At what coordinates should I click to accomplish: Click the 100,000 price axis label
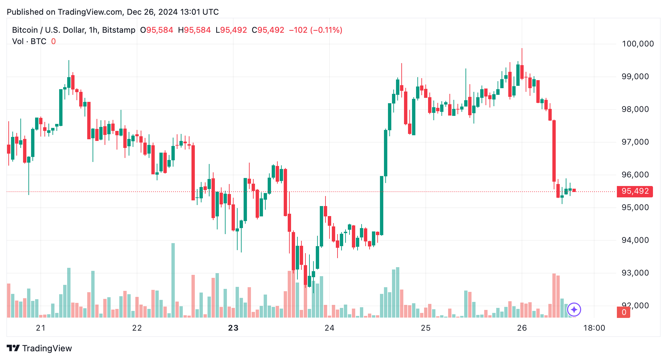tap(638, 44)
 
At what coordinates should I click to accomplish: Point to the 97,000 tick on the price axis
tap(635, 142)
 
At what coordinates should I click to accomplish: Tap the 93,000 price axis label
tap(635, 273)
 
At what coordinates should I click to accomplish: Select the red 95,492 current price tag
tap(635, 191)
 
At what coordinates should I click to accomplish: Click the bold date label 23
tap(233, 328)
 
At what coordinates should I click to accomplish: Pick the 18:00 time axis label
tap(594, 328)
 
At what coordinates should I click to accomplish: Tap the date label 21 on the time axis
tap(41, 328)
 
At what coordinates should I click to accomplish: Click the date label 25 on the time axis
tap(426, 328)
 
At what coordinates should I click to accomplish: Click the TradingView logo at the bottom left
tap(39, 348)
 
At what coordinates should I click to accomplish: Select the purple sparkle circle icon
tap(574, 310)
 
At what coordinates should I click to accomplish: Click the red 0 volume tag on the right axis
tap(624, 312)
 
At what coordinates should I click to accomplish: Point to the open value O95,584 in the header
tap(157, 30)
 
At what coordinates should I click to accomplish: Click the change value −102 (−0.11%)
tap(315, 30)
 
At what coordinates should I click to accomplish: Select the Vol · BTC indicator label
tap(29, 41)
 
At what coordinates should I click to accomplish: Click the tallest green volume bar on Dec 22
tap(173, 281)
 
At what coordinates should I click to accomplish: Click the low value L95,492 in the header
tap(231, 30)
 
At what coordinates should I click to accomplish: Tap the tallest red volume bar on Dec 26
tap(554, 295)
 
